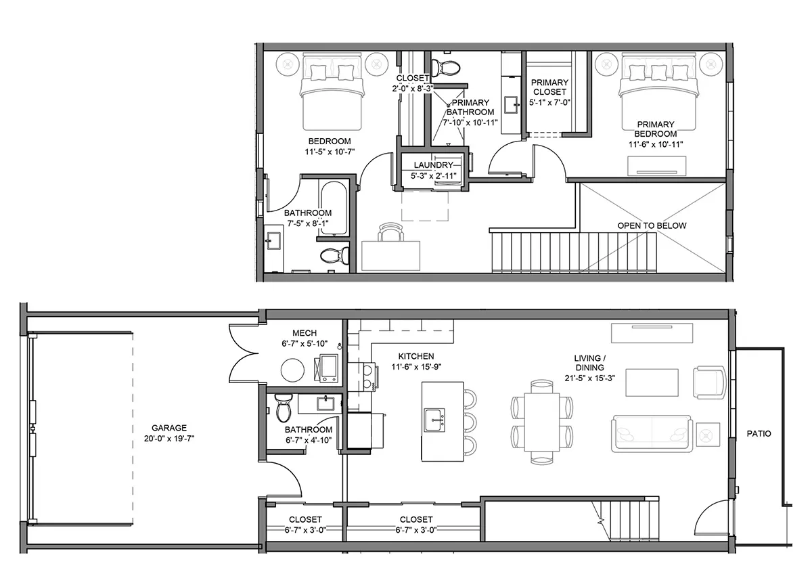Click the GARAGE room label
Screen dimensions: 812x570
[169, 428]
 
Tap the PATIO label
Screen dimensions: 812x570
[759, 434]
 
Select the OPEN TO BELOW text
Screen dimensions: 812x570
[652, 225]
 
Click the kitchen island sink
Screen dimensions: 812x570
[434, 420]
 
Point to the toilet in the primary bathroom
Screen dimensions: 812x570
[446, 68]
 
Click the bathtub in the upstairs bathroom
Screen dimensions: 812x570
[333, 208]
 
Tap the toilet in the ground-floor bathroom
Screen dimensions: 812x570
[284, 408]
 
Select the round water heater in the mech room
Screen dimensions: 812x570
[292, 370]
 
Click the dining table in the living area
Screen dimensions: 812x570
[542, 422]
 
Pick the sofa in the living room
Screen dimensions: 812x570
[652, 434]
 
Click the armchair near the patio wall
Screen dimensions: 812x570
[710, 382]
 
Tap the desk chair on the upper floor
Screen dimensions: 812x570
[390, 232]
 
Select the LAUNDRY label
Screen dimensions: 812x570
[433, 165]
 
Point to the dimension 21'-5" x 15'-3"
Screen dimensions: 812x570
[590, 378]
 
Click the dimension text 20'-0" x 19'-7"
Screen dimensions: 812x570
[169, 439]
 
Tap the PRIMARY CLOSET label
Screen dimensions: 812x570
[549, 87]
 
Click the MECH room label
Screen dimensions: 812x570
[304, 333]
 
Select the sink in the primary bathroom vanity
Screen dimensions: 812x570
[511, 104]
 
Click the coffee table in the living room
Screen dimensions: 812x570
[652, 382]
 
